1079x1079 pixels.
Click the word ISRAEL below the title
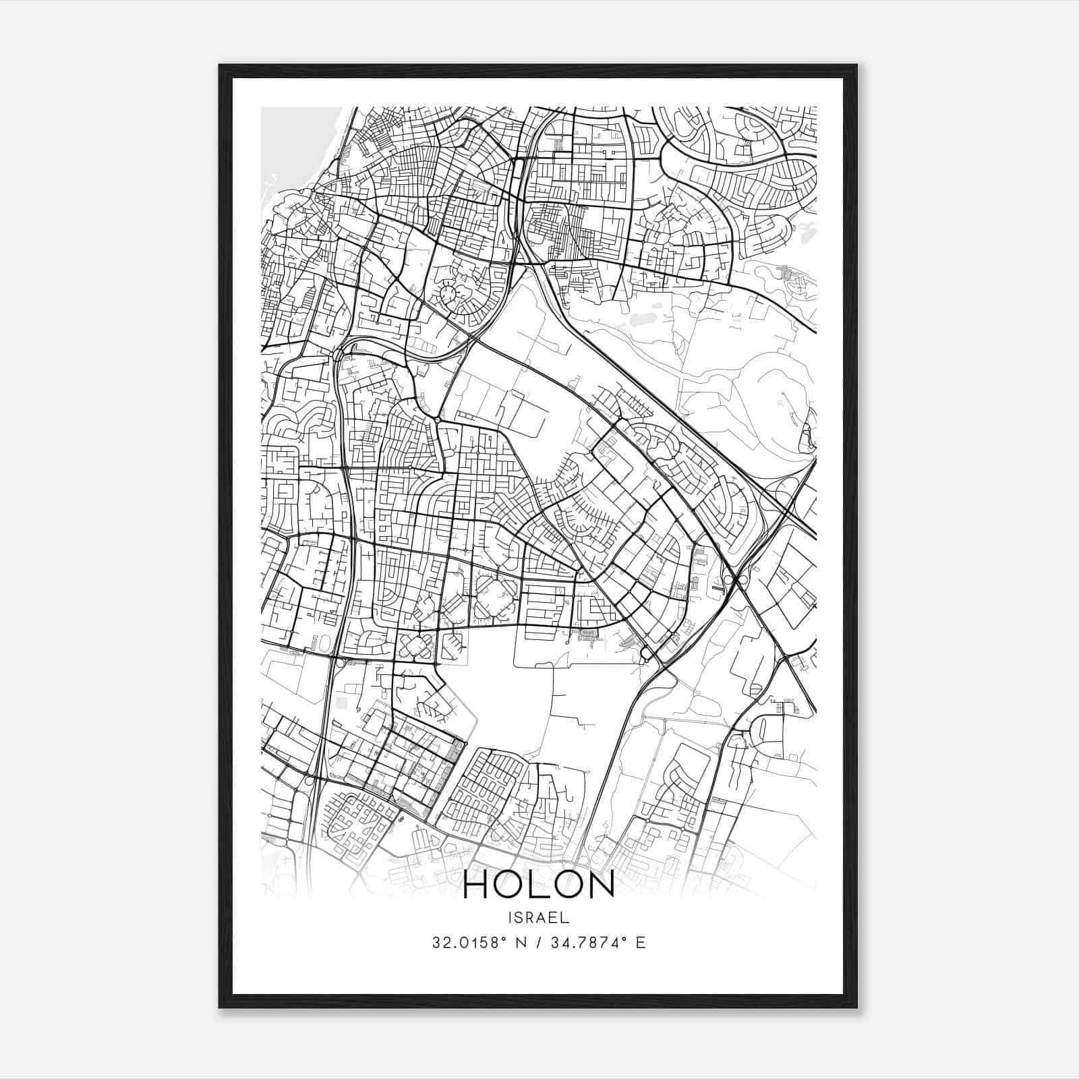[539, 917]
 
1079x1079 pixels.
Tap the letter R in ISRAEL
[533, 917]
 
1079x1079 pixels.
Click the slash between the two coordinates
[539, 942]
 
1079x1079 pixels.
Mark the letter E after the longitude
[641, 942]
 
